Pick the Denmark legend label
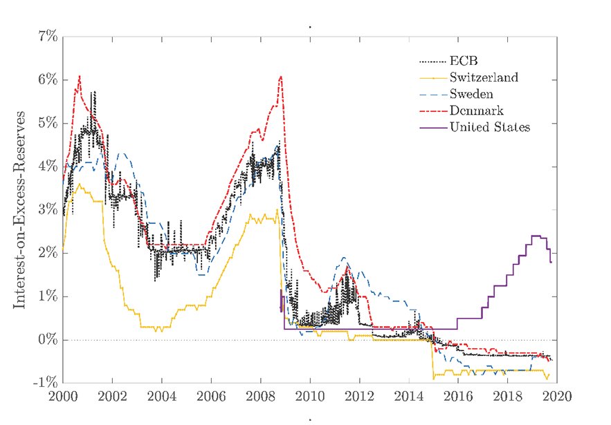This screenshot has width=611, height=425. point(476,111)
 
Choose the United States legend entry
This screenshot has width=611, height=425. point(489,127)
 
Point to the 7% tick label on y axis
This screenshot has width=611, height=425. point(43,36)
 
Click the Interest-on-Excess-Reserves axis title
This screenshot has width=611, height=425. point(20,209)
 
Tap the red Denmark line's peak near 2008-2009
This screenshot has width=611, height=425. point(280,77)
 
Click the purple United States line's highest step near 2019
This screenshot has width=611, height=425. point(536,236)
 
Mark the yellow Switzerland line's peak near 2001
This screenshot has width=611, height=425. point(80,184)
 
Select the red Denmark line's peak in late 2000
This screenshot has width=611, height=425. point(80,76)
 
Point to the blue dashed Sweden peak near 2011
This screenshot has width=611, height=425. point(344,257)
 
